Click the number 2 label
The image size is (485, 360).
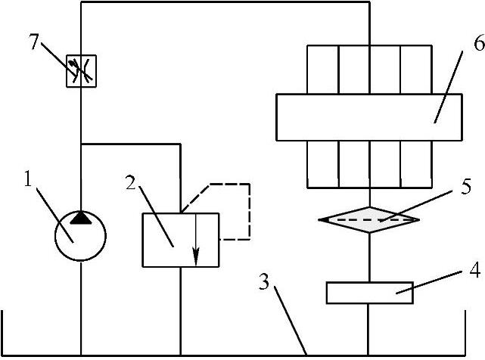tap(130, 184)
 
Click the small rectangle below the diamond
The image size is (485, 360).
tap(369, 292)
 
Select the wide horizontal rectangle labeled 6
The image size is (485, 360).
tap(369, 116)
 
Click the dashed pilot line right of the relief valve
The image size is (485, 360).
tap(249, 212)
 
